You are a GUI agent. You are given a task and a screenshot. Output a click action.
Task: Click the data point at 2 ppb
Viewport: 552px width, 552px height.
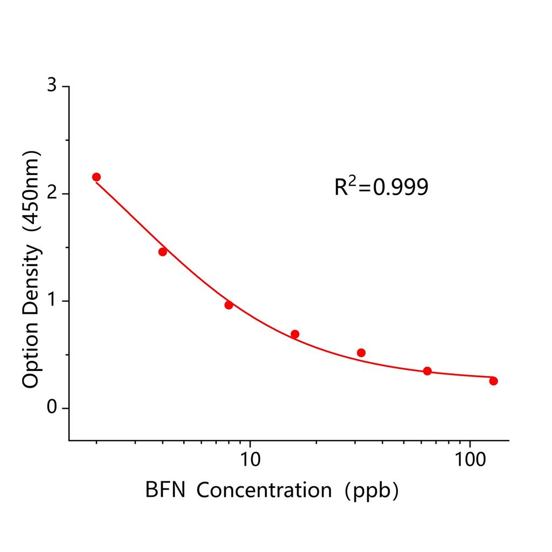click(x=96, y=177)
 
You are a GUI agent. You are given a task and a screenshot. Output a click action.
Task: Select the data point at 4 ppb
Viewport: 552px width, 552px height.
click(x=163, y=252)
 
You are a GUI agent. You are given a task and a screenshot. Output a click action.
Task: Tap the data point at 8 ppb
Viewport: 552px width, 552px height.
click(x=229, y=305)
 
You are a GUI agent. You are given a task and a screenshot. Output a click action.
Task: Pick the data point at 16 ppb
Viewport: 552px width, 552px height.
click(x=295, y=334)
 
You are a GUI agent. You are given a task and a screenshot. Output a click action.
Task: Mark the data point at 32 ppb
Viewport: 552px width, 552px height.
click(x=361, y=353)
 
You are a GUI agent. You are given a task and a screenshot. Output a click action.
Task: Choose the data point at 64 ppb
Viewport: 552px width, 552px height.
click(x=427, y=371)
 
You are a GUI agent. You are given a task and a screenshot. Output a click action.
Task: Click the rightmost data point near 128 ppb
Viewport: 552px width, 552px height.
click(x=493, y=381)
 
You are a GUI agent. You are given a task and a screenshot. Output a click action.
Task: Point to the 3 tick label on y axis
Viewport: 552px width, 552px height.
click(x=52, y=86)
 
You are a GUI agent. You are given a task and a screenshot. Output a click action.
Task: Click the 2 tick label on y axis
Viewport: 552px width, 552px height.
click(x=52, y=194)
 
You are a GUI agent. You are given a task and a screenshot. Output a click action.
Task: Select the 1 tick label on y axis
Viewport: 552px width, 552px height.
click(x=52, y=301)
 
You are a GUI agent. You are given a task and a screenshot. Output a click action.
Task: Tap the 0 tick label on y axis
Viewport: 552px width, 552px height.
click(x=52, y=408)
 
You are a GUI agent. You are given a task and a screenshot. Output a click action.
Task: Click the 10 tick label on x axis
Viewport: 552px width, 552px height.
click(x=250, y=460)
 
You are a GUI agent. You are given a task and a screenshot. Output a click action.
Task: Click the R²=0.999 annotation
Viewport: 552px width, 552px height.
click(x=382, y=187)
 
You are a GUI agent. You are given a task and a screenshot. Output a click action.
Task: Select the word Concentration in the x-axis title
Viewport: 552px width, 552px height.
click(x=265, y=490)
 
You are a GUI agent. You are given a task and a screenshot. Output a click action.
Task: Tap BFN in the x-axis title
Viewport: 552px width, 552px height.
click(x=165, y=490)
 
